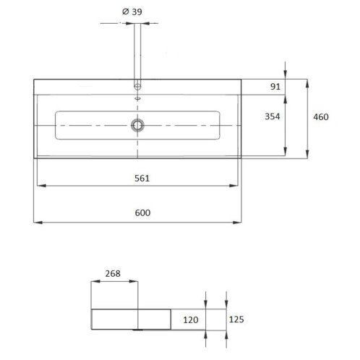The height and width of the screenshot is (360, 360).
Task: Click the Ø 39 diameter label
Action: point(132,12)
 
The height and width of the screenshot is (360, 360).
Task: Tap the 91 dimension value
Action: point(275,87)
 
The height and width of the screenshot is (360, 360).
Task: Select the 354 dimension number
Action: point(273,116)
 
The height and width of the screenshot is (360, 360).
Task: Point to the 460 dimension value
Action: point(321,117)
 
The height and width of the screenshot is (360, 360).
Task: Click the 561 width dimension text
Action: point(142,179)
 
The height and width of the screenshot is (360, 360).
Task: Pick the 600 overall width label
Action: point(142,213)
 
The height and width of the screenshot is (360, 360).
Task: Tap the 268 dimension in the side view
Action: point(113,273)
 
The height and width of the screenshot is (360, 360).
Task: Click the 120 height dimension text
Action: point(191,320)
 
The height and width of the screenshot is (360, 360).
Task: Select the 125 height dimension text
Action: point(236,320)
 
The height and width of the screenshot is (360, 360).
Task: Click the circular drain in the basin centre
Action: point(137,125)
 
